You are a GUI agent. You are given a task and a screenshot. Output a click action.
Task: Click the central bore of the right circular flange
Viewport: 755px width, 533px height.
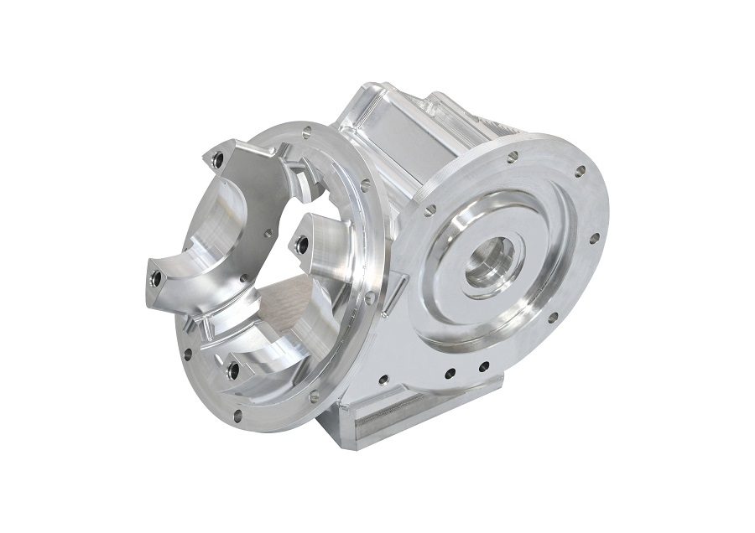pyautogui.click(x=490, y=261)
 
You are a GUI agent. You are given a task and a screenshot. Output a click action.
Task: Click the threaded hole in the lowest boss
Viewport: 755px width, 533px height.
pyautogui.click(x=232, y=370)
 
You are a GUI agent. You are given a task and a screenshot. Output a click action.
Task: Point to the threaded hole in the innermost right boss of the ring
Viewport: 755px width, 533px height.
pyautogui.click(x=302, y=245)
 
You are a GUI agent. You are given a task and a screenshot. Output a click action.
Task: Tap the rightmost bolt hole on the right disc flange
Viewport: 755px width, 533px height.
pyautogui.click(x=594, y=238)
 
